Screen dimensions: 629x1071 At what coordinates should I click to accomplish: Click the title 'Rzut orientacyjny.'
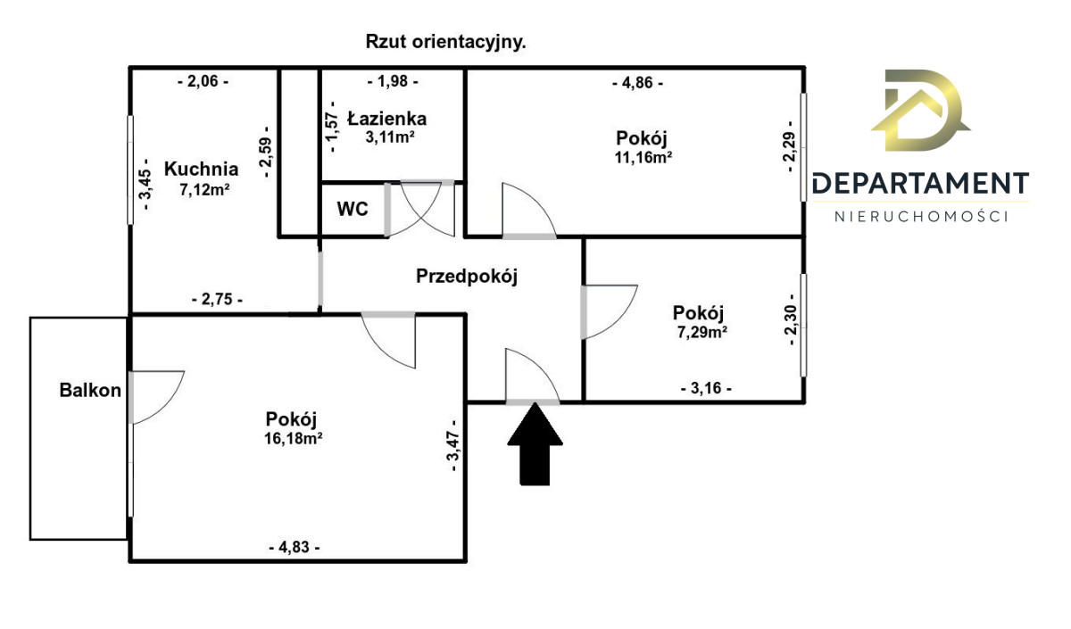(x=445, y=41)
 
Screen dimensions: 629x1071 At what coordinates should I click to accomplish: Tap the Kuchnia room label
(x=202, y=169)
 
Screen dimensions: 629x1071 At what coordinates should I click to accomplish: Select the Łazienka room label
(x=387, y=118)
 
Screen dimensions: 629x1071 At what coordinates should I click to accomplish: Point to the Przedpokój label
(x=467, y=277)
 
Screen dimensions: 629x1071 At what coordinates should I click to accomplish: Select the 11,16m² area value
(x=643, y=158)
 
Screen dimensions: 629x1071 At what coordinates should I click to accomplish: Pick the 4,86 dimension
(x=637, y=83)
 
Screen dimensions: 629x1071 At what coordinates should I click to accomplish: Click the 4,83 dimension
(x=294, y=547)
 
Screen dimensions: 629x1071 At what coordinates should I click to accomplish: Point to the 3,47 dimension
(x=453, y=447)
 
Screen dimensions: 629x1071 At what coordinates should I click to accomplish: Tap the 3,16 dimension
(x=705, y=388)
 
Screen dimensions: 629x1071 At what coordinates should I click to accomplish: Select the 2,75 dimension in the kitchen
(x=217, y=300)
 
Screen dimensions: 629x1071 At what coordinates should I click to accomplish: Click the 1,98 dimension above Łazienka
(x=393, y=82)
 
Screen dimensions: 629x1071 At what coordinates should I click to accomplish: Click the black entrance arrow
(x=534, y=444)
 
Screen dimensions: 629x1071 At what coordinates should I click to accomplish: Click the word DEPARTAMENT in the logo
(x=920, y=184)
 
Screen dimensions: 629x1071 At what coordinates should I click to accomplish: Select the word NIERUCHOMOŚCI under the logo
(x=920, y=216)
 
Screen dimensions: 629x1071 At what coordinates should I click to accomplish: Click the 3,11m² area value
(x=387, y=137)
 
